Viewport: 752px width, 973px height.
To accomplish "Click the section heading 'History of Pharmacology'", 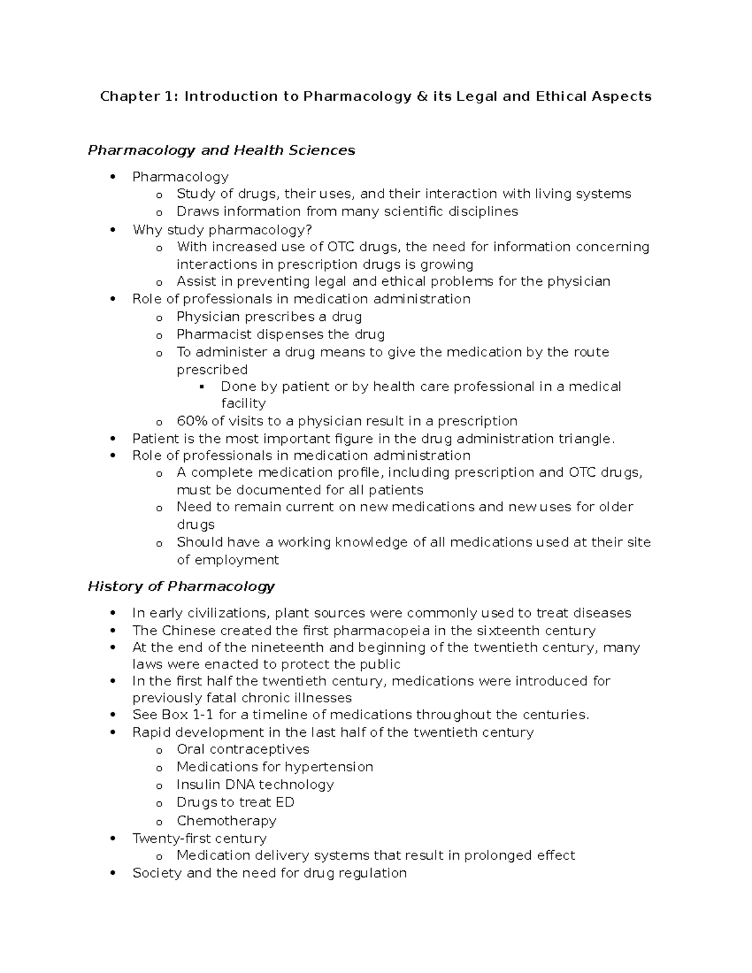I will coord(181,586).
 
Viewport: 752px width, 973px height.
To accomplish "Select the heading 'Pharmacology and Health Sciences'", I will coord(221,150).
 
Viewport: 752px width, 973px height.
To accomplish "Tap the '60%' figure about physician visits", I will coord(189,421).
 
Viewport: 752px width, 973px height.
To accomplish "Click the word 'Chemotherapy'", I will coord(226,821).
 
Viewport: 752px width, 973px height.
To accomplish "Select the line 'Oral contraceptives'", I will coord(243,749).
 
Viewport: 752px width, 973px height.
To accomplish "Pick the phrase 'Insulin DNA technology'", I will coord(255,784).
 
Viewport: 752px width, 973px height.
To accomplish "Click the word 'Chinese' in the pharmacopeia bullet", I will coord(188,630).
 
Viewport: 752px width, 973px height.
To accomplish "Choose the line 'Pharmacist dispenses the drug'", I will coord(280,335).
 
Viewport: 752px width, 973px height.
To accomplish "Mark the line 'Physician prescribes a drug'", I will coord(269,317).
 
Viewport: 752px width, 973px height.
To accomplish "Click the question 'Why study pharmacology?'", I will coord(222,230).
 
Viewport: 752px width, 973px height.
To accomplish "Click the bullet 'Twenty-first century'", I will coord(199,838).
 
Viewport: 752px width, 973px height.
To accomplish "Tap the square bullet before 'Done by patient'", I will coord(202,387).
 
